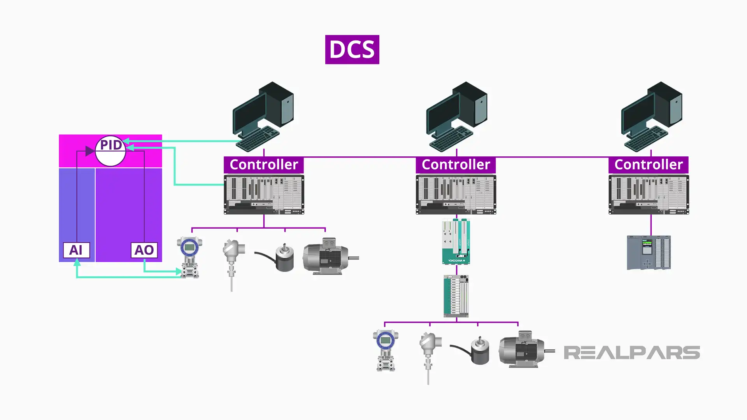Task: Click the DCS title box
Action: click(352, 50)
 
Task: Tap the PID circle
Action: click(110, 151)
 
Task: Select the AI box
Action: click(76, 250)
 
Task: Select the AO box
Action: click(144, 250)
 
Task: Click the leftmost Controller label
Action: click(263, 164)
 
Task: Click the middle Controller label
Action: click(456, 164)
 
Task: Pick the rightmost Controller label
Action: click(648, 164)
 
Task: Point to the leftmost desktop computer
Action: click(263, 115)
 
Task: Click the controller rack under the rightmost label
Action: click(649, 194)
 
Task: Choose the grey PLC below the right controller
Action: click(649, 252)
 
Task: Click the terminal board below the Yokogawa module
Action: click(456, 296)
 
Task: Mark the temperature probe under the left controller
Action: click(233, 261)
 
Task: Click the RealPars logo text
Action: click(631, 353)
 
